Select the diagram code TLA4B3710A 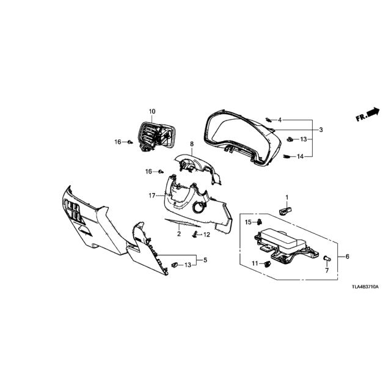(365, 287)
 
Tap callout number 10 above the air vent (152, 111)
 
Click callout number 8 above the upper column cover (191, 144)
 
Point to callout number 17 (152, 195)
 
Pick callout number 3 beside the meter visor (321, 130)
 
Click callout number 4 (280, 120)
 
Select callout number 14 (300, 156)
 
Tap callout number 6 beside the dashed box (348, 257)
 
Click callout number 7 (327, 270)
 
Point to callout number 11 (255, 263)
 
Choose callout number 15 (248, 222)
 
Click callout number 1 (287, 197)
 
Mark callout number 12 (206, 235)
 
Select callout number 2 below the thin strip (179, 234)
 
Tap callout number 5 (205, 260)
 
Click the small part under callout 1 (285, 211)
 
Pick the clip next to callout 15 (259, 221)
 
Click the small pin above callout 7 (327, 258)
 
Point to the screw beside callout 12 (195, 235)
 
